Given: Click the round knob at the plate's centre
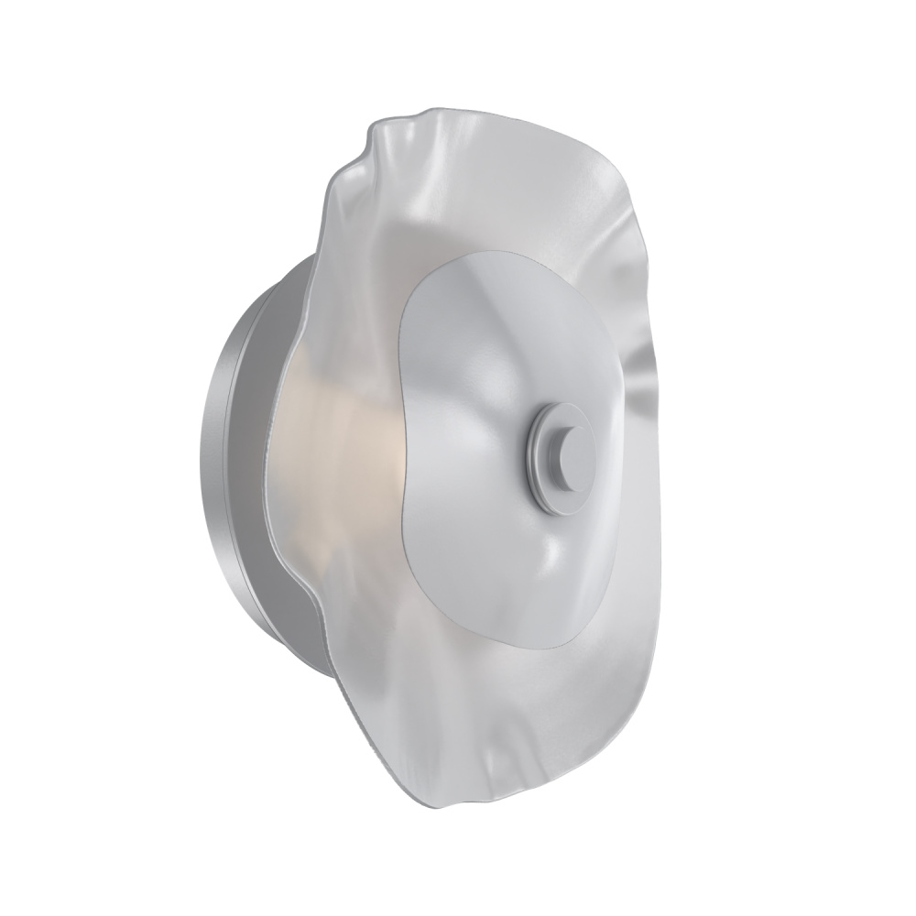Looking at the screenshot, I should pyautogui.click(x=569, y=456).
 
